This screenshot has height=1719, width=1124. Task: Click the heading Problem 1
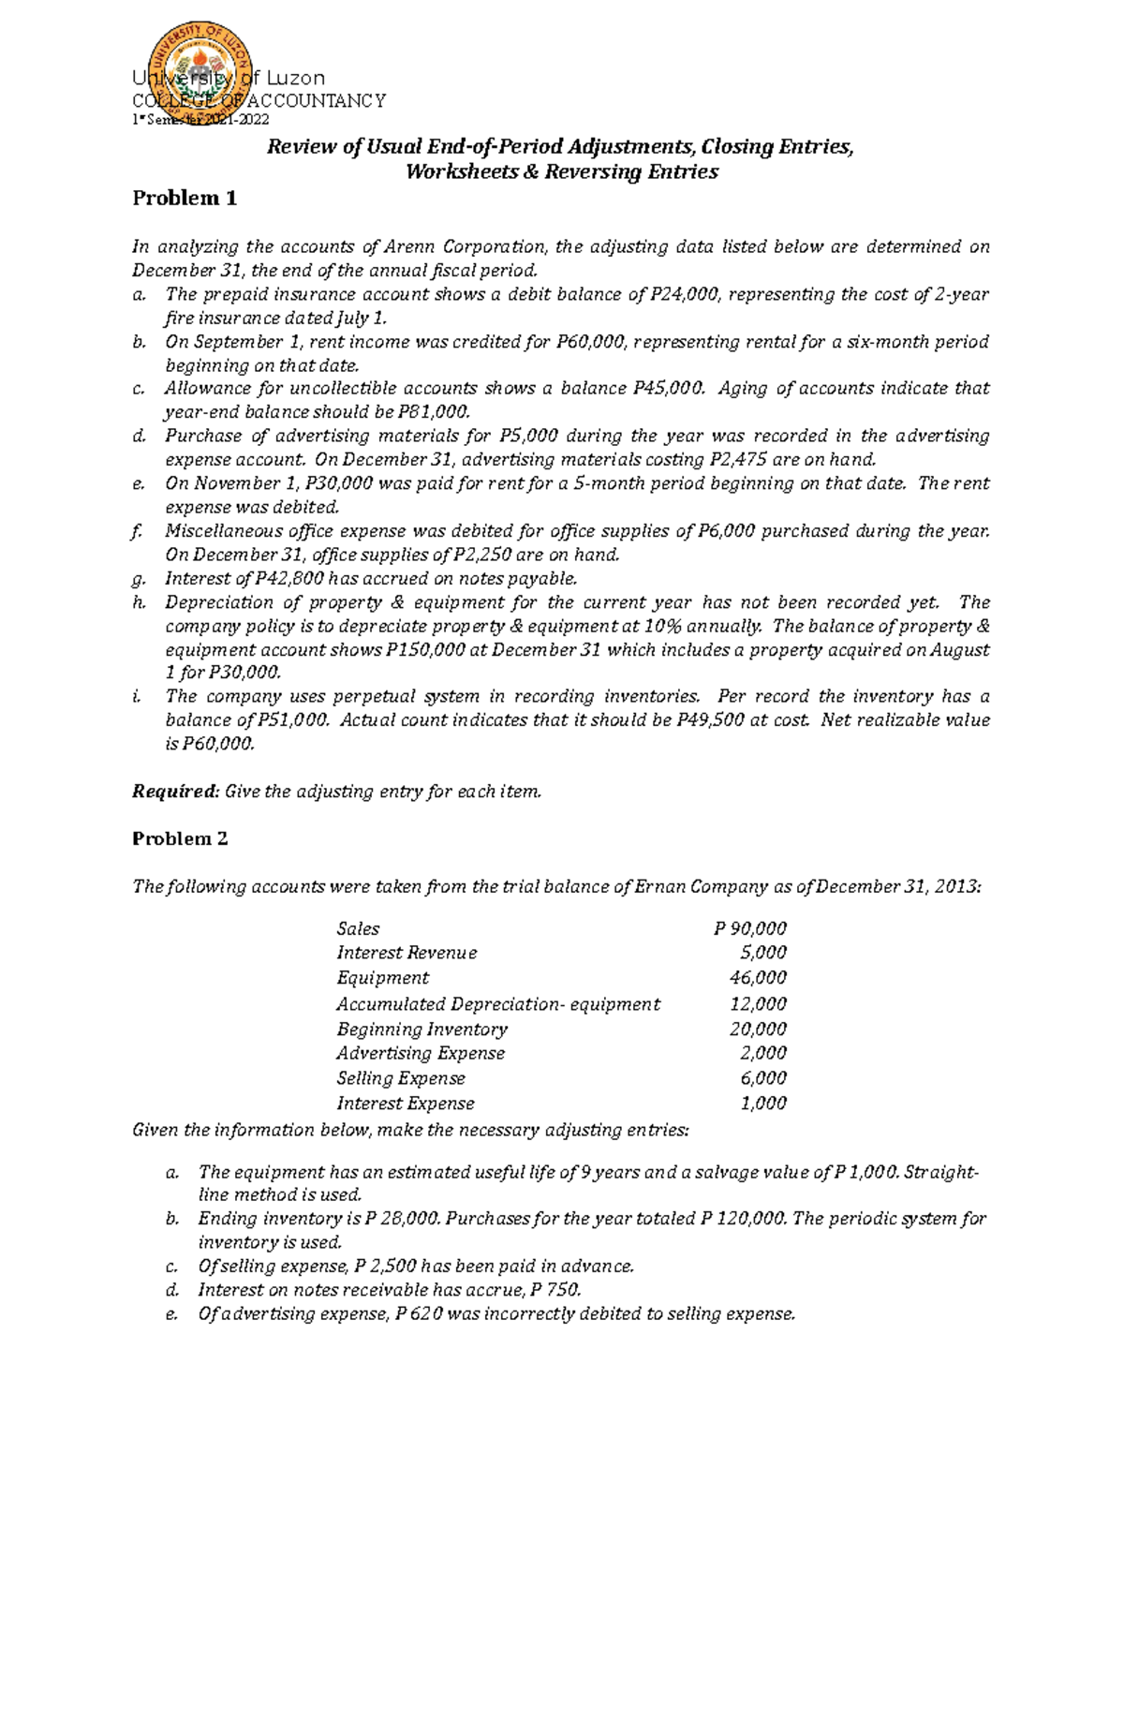coord(185,199)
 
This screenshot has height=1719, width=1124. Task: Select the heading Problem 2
coord(180,838)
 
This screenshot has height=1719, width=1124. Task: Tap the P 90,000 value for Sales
coord(749,928)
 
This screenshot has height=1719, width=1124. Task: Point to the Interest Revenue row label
coord(407,953)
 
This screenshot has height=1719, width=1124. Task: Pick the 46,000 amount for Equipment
coord(758,978)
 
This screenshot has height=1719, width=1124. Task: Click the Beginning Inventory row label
coord(421,1029)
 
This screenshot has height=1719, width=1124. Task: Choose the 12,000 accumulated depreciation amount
coord(758,1004)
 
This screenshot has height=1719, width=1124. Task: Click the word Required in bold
coord(174,792)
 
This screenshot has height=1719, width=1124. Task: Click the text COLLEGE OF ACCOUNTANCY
coord(259,101)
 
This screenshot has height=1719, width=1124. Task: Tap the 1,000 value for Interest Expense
coord(762,1104)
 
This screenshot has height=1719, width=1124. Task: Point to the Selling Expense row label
coord(401,1078)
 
